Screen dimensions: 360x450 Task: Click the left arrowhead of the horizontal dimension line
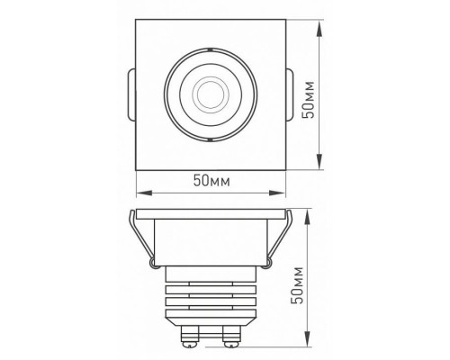[x=140, y=192]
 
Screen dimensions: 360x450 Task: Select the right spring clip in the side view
[x=279, y=238]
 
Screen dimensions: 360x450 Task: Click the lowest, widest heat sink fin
[x=210, y=311]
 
